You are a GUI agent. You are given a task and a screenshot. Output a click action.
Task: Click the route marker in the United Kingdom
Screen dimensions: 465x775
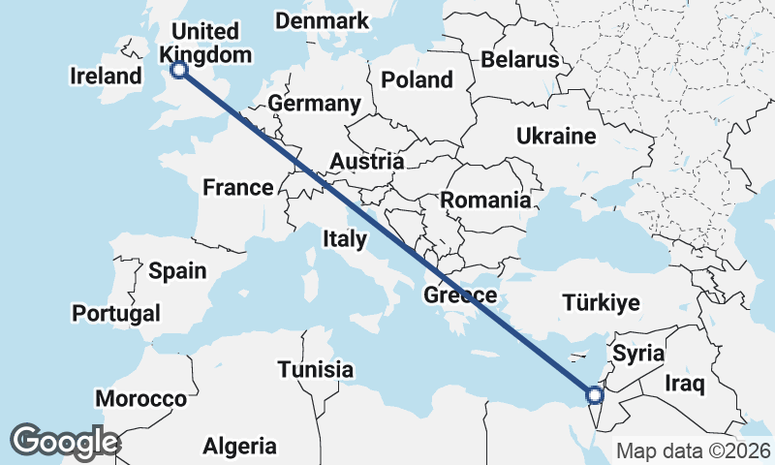coord(178,69)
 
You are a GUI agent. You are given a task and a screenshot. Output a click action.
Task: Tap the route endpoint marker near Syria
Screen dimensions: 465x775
coord(595,394)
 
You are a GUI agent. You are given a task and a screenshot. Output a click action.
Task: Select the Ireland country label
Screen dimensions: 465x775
coord(107,76)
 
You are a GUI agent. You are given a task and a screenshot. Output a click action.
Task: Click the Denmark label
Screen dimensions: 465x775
coord(323,20)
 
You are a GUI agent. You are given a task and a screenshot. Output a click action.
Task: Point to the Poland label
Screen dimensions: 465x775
coord(417,79)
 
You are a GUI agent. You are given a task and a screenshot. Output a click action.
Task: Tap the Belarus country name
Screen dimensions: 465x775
coord(520,59)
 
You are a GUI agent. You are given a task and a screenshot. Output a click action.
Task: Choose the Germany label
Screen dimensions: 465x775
coord(315,104)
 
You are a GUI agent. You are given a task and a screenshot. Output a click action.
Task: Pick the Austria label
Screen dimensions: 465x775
coord(367,161)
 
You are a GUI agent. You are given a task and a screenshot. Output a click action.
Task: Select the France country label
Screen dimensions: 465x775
coord(238,187)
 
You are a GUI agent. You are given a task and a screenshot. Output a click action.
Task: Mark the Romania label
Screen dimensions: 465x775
coord(485,201)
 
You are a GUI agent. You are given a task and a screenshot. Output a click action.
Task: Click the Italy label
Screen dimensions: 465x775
coord(344,238)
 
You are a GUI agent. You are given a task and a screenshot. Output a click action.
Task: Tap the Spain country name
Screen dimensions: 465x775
coord(177,270)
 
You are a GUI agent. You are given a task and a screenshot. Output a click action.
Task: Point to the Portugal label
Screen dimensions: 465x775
coord(116,313)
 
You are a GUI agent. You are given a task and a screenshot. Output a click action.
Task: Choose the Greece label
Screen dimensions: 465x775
coord(460,295)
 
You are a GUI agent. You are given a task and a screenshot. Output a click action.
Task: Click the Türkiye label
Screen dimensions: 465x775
coord(602,303)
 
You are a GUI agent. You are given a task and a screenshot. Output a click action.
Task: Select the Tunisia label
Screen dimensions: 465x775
coord(315,369)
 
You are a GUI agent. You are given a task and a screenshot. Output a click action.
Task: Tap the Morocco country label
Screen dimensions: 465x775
coord(140,398)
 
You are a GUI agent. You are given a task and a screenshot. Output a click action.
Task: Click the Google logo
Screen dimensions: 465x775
coord(65,441)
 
